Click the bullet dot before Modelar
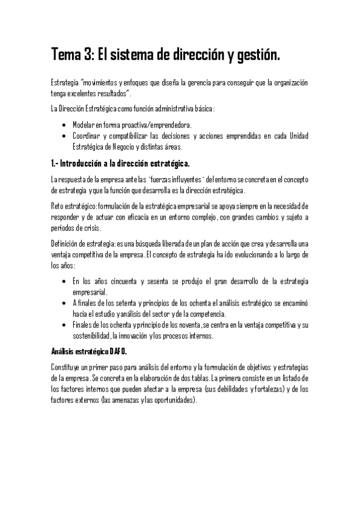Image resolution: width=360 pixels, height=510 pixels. pyautogui.click(x=64, y=125)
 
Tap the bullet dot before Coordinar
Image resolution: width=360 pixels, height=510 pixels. pyautogui.click(x=64, y=136)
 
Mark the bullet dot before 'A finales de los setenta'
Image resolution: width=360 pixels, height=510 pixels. pyautogui.click(x=64, y=303)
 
